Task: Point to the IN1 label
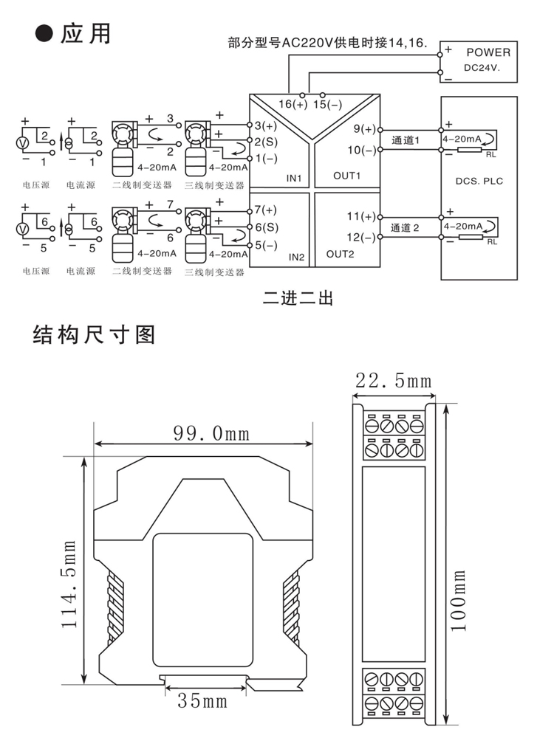[295, 178]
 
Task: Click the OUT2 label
[341, 255]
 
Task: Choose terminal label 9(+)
[365, 129]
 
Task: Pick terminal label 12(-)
[362, 238]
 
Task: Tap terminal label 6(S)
[265, 227]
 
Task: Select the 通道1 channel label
[405, 140]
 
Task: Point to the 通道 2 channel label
[405, 228]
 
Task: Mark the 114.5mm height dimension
[69, 583]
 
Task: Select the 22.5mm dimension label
[393, 381]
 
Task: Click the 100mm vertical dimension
[458, 599]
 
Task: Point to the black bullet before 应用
[46, 35]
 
